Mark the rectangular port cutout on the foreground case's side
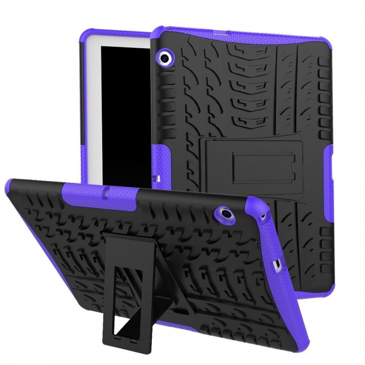[278, 265]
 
